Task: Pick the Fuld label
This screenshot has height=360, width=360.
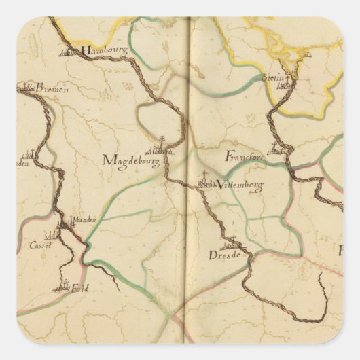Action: (x=79, y=288)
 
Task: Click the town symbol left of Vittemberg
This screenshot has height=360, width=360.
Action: (x=206, y=182)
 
